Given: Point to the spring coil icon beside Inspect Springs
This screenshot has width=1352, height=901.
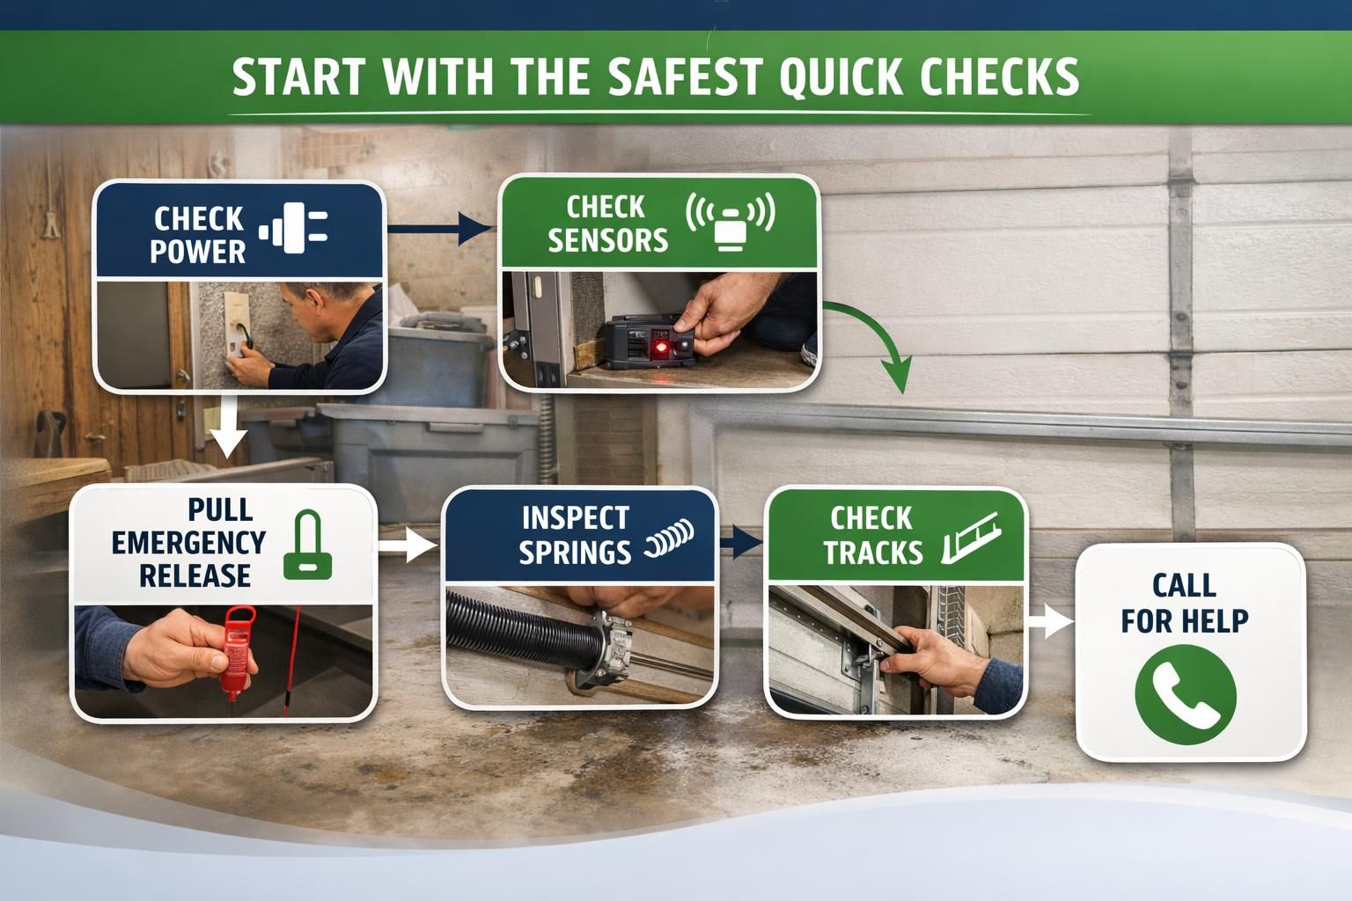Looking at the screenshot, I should (670, 540).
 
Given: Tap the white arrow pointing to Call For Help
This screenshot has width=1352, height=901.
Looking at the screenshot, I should (1050, 621).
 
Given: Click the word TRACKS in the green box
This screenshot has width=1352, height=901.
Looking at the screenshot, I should (873, 553).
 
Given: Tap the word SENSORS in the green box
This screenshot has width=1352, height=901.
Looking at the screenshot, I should (608, 240).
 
